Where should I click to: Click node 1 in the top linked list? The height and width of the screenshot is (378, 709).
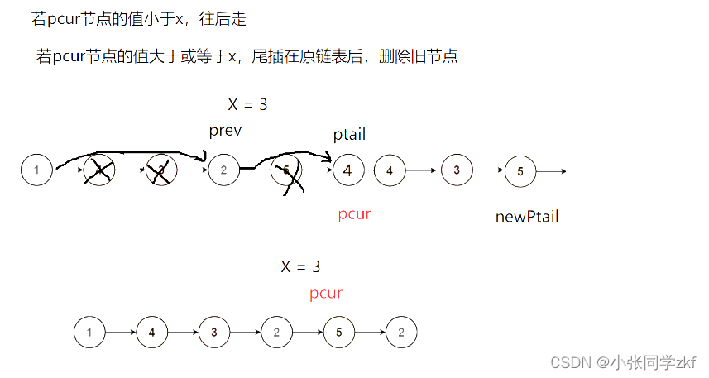(x=36, y=170)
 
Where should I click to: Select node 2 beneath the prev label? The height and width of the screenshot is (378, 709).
(x=223, y=170)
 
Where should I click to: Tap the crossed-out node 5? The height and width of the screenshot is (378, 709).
(x=286, y=171)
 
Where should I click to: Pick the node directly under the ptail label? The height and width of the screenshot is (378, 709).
(x=348, y=171)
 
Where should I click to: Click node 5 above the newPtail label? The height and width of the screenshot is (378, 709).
(x=520, y=171)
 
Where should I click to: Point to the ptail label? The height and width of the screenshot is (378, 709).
(x=349, y=134)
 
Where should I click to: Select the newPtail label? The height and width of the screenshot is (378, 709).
(x=527, y=217)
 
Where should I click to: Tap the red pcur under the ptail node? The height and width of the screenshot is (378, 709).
(x=354, y=214)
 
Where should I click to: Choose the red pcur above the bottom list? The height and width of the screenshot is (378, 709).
(x=326, y=294)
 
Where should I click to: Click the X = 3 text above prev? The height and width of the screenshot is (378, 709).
(x=247, y=105)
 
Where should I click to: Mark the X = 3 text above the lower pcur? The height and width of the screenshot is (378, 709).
(x=300, y=267)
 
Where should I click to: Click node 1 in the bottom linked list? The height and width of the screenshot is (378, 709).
(x=89, y=333)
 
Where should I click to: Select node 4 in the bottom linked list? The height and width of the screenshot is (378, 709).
(x=151, y=333)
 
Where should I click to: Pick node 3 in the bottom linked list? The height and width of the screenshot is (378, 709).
(x=214, y=333)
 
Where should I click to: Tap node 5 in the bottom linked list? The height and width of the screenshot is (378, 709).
(x=339, y=333)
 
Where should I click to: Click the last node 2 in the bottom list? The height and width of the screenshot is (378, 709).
(x=401, y=333)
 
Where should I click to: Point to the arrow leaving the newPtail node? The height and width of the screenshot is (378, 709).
(x=551, y=172)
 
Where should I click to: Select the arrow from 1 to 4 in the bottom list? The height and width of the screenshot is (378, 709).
(x=121, y=333)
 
